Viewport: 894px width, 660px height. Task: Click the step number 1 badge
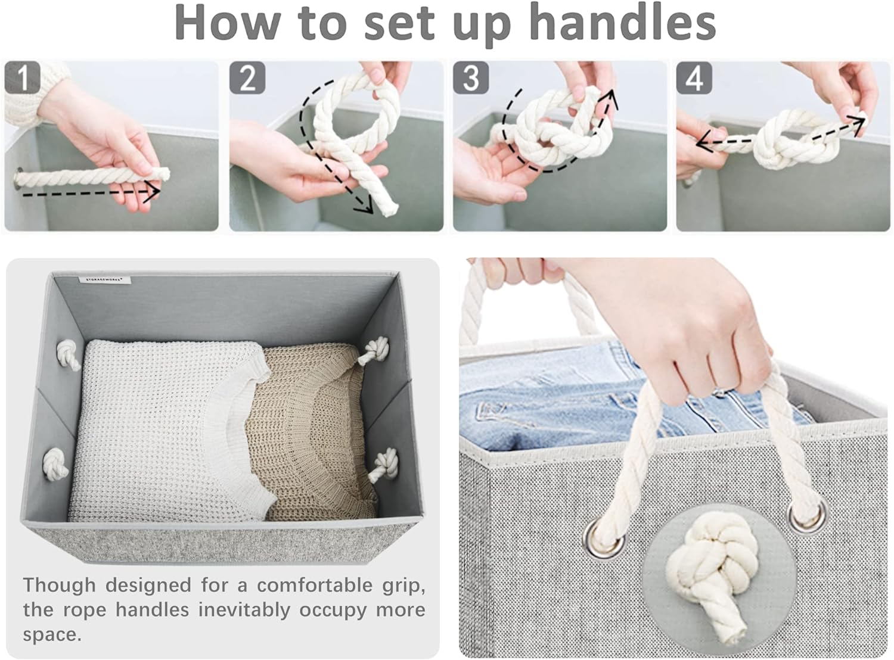coord(23,78)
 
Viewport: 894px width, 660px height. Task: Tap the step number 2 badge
coord(247,78)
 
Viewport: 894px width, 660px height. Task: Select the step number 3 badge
coord(471,78)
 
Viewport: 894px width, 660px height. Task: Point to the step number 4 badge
coord(694,78)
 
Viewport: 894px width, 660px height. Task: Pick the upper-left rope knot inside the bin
coord(68,354)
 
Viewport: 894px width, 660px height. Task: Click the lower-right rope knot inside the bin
coord(384,463)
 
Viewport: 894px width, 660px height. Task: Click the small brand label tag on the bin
coord(108,279)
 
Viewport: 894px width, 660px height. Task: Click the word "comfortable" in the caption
coord(315,586)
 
